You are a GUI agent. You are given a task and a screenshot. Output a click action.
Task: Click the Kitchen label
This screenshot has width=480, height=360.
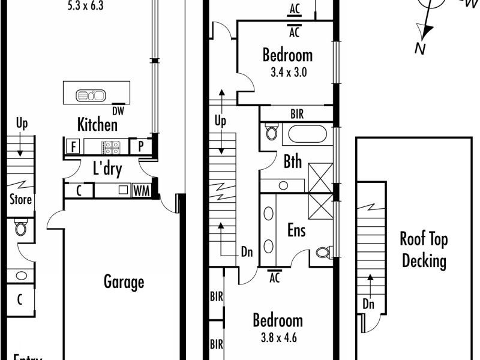[97, 124]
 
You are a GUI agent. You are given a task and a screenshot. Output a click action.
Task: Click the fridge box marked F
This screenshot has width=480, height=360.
[74, 146]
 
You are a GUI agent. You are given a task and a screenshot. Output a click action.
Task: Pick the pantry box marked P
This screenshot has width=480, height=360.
[142, 146]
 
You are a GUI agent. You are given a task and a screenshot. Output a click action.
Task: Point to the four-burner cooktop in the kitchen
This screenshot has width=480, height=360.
[112, 146]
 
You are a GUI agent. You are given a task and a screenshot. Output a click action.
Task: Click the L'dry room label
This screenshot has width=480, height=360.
[107, 169]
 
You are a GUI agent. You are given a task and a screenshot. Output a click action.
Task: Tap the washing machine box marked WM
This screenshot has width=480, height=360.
[141, 191]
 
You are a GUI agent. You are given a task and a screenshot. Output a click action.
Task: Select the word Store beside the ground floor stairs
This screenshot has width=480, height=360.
[20, 199]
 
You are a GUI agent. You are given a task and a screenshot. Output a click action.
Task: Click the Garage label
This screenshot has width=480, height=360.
[124, 281]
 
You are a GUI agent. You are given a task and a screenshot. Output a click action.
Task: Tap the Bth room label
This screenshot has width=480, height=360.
[293, 162]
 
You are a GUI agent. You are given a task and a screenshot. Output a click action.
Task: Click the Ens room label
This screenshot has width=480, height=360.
[297, 230]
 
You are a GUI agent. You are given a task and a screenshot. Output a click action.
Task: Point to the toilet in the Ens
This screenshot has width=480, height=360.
[323, 252]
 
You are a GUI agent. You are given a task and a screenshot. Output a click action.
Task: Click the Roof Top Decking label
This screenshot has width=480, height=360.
[424, 250]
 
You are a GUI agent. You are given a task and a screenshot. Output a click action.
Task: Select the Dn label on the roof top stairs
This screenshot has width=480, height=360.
[369, 304]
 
